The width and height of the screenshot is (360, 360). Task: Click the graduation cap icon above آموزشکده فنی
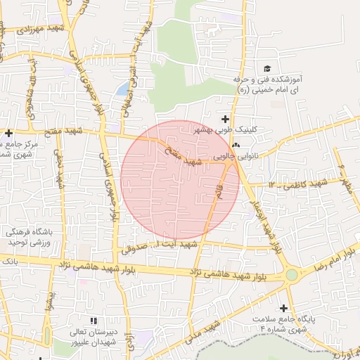click(x=266, y=68)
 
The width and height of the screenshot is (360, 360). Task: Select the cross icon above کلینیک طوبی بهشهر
click(x=225, y=119)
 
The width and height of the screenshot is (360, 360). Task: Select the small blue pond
click(x=123, y=89)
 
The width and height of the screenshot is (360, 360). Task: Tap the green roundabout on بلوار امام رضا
click(x=291, y=275)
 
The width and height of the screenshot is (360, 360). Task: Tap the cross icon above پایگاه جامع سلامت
click(x=284, y=308)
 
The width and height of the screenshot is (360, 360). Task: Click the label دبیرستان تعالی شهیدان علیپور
click(x=93, y=337)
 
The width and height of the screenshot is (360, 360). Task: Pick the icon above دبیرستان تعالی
click(x=94, y=321)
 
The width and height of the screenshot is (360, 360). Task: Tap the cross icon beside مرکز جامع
click(x=8, y=133)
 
